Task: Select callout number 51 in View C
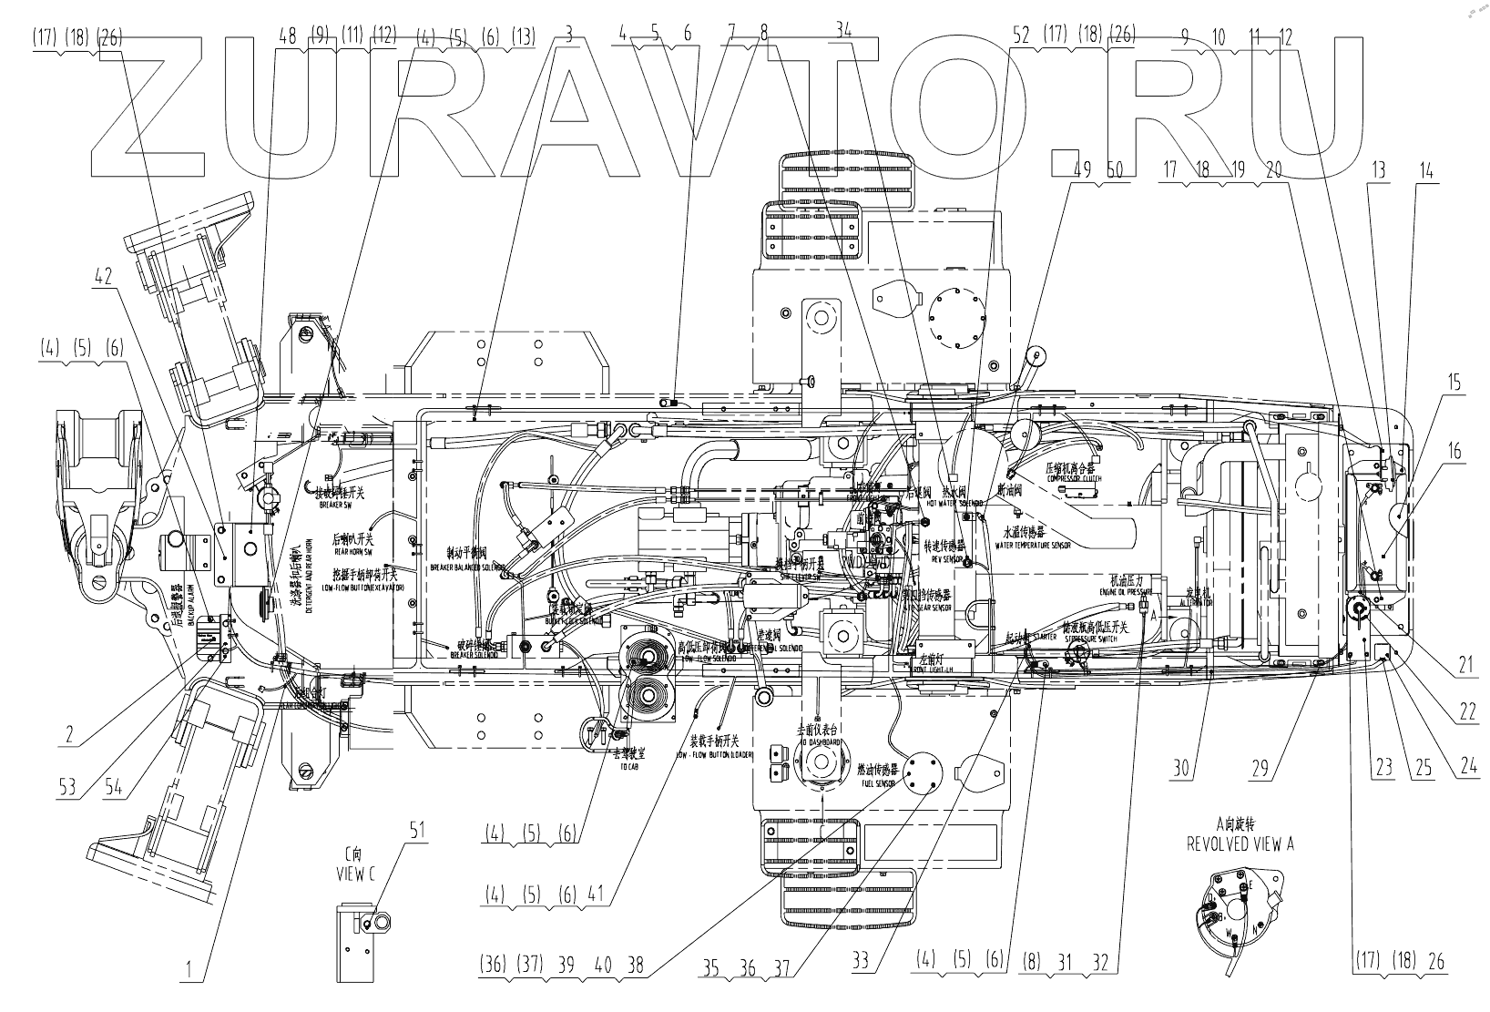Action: [417, 831]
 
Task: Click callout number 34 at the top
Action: [844, 29]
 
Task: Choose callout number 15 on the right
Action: [1454, 382]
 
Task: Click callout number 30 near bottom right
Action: [1181, 769]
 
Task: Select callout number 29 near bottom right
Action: [1260, 769]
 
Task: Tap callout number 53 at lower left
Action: [67, 786]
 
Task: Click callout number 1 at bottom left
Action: [190, 972]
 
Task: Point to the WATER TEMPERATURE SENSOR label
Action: [1036, 545]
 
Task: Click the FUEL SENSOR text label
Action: [878, 783]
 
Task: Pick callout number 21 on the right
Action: [1464, 665]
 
